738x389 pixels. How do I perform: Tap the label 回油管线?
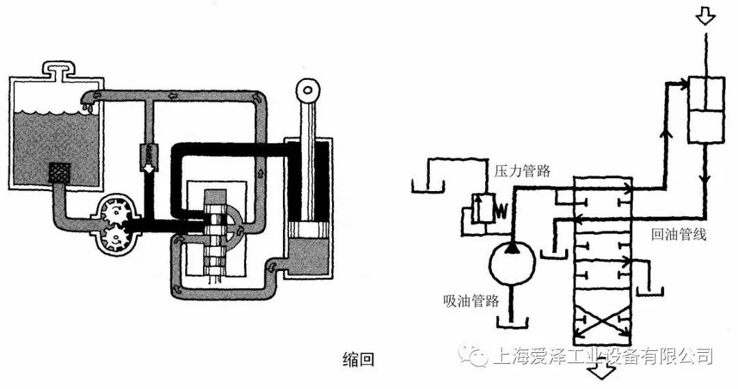tap(678, 235)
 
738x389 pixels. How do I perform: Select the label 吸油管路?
tap(471, 301)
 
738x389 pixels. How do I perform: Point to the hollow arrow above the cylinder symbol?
tap(705, 16)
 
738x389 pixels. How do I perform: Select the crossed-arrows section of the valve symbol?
tap(602, 321)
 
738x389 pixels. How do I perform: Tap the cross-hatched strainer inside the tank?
tap(61, 173)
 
